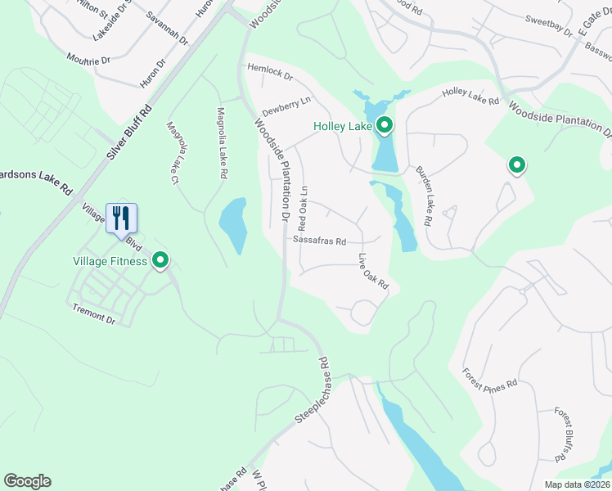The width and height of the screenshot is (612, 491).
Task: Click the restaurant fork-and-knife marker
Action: pos(122,218)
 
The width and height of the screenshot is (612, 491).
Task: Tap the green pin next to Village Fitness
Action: pos(161,261)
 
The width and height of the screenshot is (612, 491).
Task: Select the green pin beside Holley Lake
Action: pos(384,126)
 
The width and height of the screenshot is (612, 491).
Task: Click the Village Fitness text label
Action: pos(109,262)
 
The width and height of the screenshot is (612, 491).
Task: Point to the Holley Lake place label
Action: pos(342,127)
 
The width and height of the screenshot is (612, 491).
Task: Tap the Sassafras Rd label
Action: pos(320,241)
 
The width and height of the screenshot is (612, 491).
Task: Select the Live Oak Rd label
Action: pos(372,272)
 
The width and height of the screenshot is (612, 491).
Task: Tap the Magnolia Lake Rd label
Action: pos(220,143)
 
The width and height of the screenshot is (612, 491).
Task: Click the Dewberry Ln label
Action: pos(286,106)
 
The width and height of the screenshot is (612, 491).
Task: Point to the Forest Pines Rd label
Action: pos(489,378)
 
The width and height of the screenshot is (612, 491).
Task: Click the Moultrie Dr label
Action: pos(89,58)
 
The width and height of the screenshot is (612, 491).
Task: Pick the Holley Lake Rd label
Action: pos(470,97)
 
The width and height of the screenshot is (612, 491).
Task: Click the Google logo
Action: pos(27,481)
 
